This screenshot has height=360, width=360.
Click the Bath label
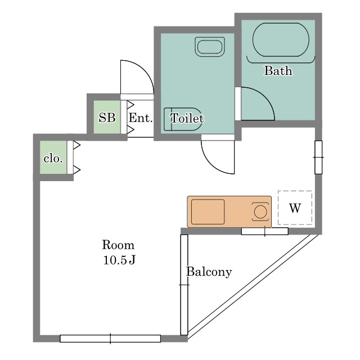click(278, 70)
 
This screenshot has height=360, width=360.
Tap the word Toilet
click(187, 119)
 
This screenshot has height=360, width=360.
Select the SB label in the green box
click(107, 118)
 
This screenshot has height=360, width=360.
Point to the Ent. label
click(141, 118)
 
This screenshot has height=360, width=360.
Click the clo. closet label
click(53, 159)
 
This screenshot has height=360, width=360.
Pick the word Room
click(118, 245)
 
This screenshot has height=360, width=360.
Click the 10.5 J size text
click(119, 260)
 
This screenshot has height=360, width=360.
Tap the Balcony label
click(209, 272)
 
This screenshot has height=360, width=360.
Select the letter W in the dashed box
click(295, 208)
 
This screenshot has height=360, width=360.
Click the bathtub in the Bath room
click(281, 40)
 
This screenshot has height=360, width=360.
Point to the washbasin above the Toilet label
click(210, 47)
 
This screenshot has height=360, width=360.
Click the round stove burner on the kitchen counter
click(260, 211)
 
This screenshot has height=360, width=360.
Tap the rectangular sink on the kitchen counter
click(208, 211)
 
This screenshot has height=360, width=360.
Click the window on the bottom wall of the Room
click(110, 339)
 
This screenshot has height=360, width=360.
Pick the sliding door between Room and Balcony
click(184, 285)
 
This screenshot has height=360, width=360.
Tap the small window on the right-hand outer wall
click(318, 157)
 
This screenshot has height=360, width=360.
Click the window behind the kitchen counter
click(265, 231)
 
